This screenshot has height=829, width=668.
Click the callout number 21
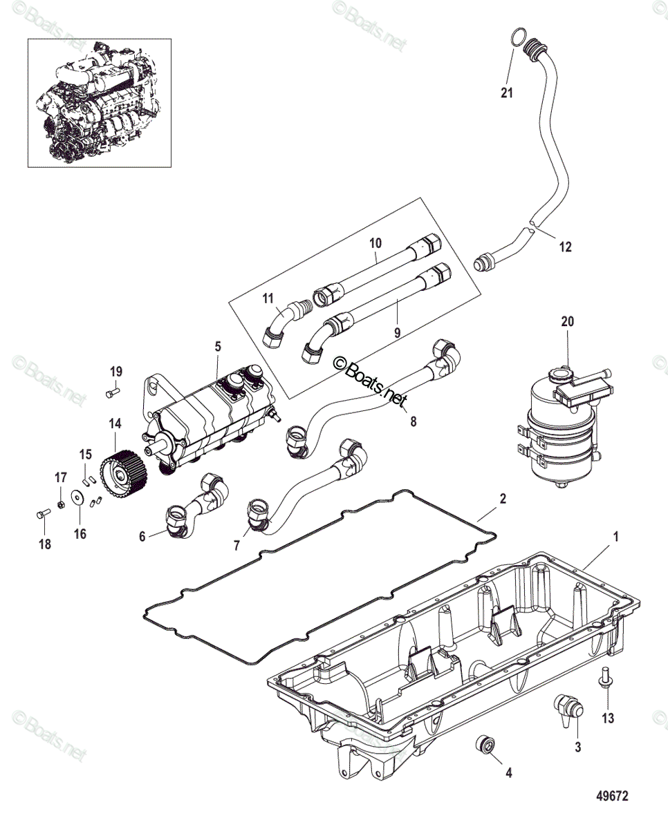507,93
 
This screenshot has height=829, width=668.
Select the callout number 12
566,247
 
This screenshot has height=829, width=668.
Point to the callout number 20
567,321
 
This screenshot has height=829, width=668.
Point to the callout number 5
217,345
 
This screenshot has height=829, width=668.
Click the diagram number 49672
613,797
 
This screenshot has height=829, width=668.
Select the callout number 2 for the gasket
503,498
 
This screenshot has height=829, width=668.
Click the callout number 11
268,298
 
